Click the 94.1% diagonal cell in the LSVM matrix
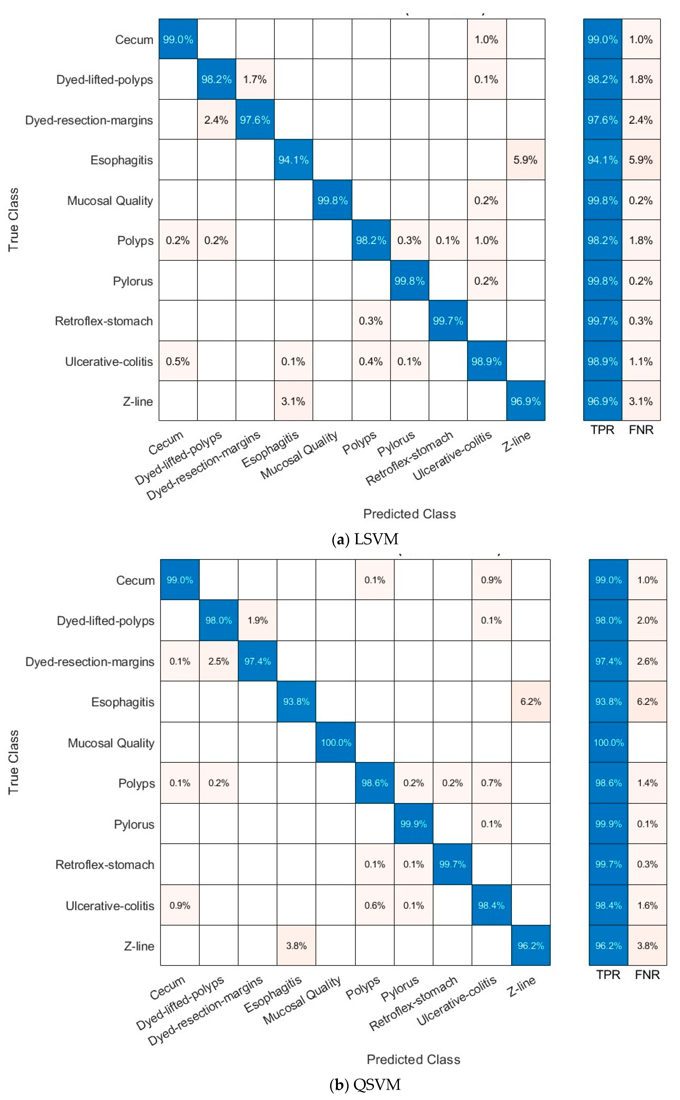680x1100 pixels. click(293, 160)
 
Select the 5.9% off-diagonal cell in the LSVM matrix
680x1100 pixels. click(525, 160)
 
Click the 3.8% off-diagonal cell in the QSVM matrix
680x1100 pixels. click(296, 946)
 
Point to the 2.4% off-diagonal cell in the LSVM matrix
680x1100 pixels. click(216, 120)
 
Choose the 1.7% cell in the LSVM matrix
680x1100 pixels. click(255, 80)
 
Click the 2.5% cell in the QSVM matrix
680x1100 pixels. click(219, 661)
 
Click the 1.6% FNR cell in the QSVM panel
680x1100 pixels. click(647, 905)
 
